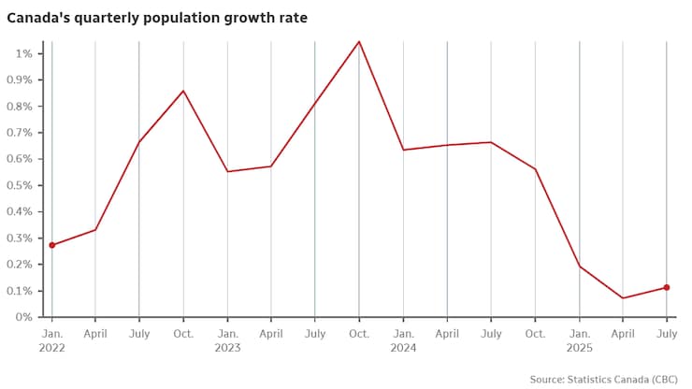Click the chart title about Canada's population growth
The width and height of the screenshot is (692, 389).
[x=157, y=17]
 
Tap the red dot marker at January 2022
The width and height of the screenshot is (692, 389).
[x=51, y=245]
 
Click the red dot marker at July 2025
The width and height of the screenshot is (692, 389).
[x=667, y=287]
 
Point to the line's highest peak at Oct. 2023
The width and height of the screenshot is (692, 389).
[x=359, y=41]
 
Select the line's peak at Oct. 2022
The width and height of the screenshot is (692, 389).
[x=183, y=91]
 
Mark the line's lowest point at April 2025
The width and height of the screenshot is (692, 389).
[x=623, y=298]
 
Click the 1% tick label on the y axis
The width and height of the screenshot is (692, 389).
[x=24, y=53]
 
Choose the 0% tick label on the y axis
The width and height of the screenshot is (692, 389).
[x=24, y=317]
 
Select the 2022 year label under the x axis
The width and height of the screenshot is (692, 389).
[x=51, y=347]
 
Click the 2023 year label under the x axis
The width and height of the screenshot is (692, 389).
[x=227, y=347]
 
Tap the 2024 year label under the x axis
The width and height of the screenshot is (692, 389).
[x=403, y=347]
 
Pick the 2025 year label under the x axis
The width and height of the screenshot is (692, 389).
[x=579, y=347]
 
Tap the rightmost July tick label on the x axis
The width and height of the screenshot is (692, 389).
[x=667, y=332]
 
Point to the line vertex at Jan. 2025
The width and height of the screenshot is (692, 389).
[x=579, y=267]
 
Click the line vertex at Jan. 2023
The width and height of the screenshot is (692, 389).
[x=227, y=171]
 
